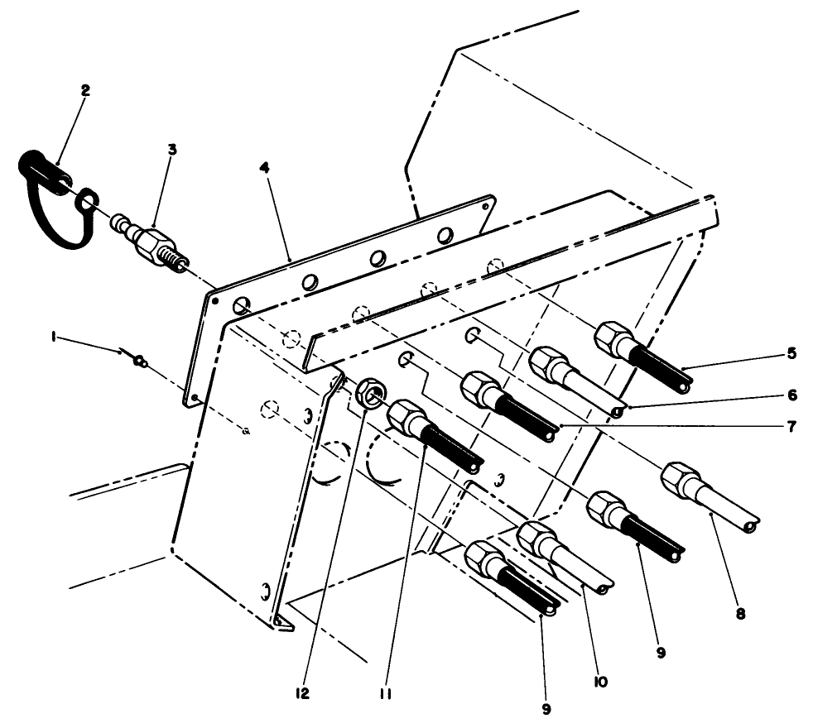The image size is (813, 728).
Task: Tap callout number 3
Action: pyautogui.click(x=171, y=149)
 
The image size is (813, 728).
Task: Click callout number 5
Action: pyautogui.click(x=791, y=353)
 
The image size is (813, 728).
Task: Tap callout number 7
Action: pyautogui.click(x=791, y=427)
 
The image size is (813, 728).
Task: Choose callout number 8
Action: pyautogui.click(x=740, y=613)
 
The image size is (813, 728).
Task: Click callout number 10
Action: pyautogui.click(x=600, y=681)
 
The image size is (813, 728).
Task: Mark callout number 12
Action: pyautogui.click(x=302, y=694)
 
